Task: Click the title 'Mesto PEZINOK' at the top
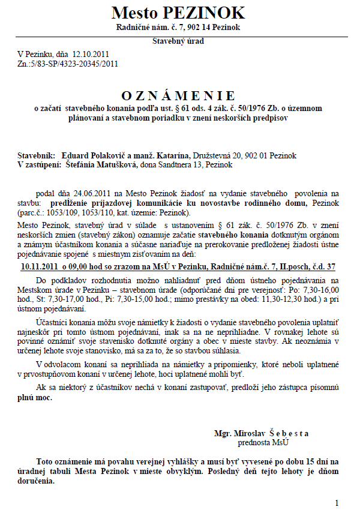click(178, 13)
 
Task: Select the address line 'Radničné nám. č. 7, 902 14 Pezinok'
click(178, 28)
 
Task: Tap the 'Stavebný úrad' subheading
click(178, 41)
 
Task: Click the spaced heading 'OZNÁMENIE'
click(178, 95)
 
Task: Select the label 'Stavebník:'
click(37, 155)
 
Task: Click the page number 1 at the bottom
click(337, 502)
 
